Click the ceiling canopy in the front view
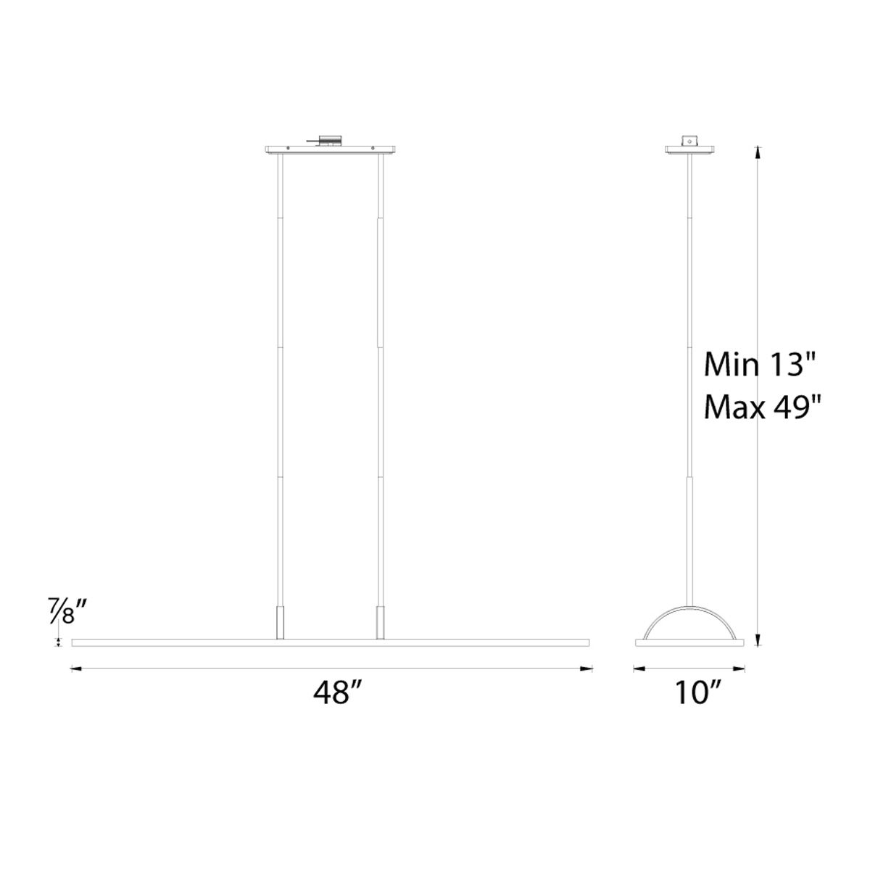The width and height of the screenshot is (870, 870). point(329,150)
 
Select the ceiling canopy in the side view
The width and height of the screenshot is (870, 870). point(691,150)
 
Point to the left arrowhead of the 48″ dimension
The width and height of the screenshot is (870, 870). point(75,669)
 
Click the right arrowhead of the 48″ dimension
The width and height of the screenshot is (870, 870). point(588,669)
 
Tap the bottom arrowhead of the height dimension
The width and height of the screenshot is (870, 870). point(758,642)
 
